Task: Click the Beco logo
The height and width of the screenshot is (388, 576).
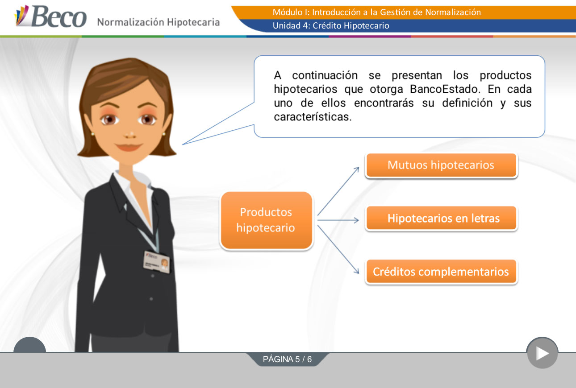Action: [x=50, y=16]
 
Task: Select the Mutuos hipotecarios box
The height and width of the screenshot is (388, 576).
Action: [x=441, y=165]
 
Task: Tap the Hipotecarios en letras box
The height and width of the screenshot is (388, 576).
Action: [x=441, y=218]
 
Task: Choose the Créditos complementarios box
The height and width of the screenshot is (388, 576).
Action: [x=441, y=272]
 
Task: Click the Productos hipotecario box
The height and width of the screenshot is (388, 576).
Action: [x=267, y=220]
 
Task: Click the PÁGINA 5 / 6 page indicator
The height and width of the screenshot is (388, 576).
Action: [x=287, y=359]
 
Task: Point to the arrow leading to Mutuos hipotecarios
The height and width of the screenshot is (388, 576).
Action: [x=338, y=191]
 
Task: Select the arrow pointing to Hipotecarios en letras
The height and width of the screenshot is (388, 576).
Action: [x=338, y=220]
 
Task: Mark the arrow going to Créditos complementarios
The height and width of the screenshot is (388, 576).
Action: [x=338, y=249]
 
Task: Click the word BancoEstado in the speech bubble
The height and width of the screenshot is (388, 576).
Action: [x=445, y=89]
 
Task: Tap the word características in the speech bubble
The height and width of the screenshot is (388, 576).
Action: [x=313, y=117]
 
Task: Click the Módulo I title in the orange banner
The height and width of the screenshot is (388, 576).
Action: [x=377, y=12]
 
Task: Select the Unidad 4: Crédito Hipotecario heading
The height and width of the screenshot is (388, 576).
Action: [x=331, y=25]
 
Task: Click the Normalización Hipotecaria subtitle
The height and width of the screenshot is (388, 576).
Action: [x=159, y=22]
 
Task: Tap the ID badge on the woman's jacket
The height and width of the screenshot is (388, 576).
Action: [x=157, y=262]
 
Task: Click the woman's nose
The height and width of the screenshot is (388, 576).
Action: [x=130, y=135]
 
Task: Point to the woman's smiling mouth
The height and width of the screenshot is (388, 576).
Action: [x=129, y=147]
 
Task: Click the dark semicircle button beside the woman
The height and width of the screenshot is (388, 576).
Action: [x=29, y=344]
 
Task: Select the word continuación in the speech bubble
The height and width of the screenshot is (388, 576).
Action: [x=325, y=75]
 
